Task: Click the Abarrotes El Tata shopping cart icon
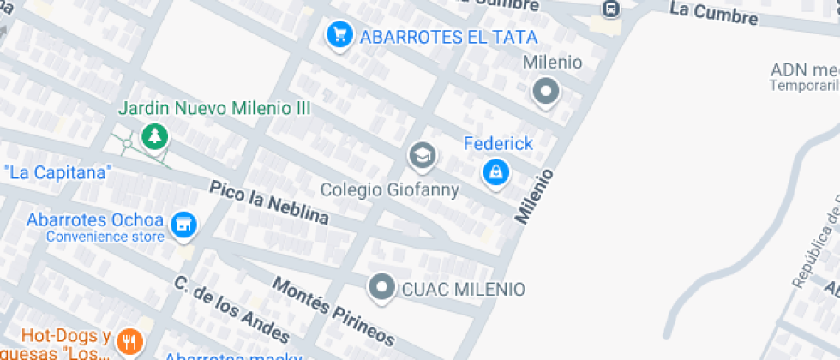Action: [x=340, y=35]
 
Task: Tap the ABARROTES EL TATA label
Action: [x=448, y=37]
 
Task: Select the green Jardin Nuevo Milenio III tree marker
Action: [x=154, y=135]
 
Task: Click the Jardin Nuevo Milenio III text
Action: [x=213, y=109]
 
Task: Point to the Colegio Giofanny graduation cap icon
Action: [x=422, y=156]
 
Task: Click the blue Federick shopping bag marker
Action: [x=495, y=172]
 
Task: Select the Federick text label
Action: [x=498, y=143]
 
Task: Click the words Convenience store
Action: [x=105, y=237]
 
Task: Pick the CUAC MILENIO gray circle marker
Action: [x=381, y=288]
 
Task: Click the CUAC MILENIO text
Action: [x=463, y=289]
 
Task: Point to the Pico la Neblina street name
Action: [x=269, y=202]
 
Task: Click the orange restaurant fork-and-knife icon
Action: [x=129, y=342]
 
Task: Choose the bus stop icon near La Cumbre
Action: [x=610, y=9]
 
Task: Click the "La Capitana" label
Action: [x=58, y=172]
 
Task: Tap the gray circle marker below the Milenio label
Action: [x=545, y=91]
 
